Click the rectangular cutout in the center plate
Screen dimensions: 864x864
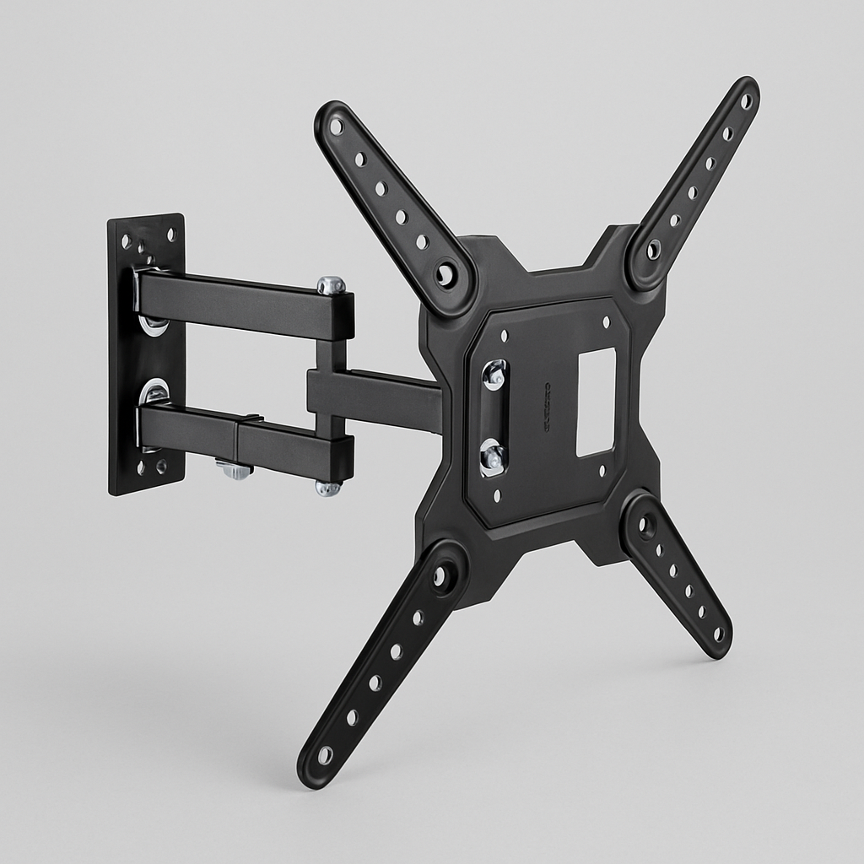click(596, 402)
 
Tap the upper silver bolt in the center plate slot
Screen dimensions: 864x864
click(494, 375)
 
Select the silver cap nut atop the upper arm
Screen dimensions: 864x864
click(332, 285)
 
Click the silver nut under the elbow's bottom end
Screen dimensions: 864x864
click(328, 488)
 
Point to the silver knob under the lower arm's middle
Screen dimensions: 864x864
click(234, 470)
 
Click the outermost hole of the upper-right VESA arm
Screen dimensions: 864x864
click(746, 100)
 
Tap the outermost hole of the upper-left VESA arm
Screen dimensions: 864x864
click(337, 127)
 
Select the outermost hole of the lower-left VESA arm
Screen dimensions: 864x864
click(325, 755)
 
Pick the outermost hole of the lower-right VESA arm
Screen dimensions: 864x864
click(718, 633)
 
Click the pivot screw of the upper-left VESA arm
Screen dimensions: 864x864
click(445, 273)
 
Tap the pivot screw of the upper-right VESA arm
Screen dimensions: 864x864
click(653, 250)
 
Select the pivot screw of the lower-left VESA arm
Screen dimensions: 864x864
click(441, 578)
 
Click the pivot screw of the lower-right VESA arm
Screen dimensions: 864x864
click(645, 526)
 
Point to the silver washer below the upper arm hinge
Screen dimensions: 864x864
click(153, 324)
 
